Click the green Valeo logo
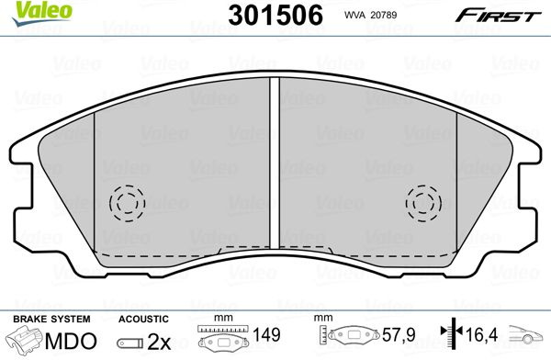[x=41, y=13]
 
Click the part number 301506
[x=275, y=16]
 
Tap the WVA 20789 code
[x=370, y=15]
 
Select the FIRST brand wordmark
[x=499, y=16]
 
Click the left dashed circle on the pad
[x=128, y=203]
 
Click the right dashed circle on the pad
[x=423, y=203]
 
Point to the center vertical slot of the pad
[x=275, y=163]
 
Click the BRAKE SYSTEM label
[x=51, y=319]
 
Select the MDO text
[x=71, y=341]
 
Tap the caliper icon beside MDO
[x=26, y=339]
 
